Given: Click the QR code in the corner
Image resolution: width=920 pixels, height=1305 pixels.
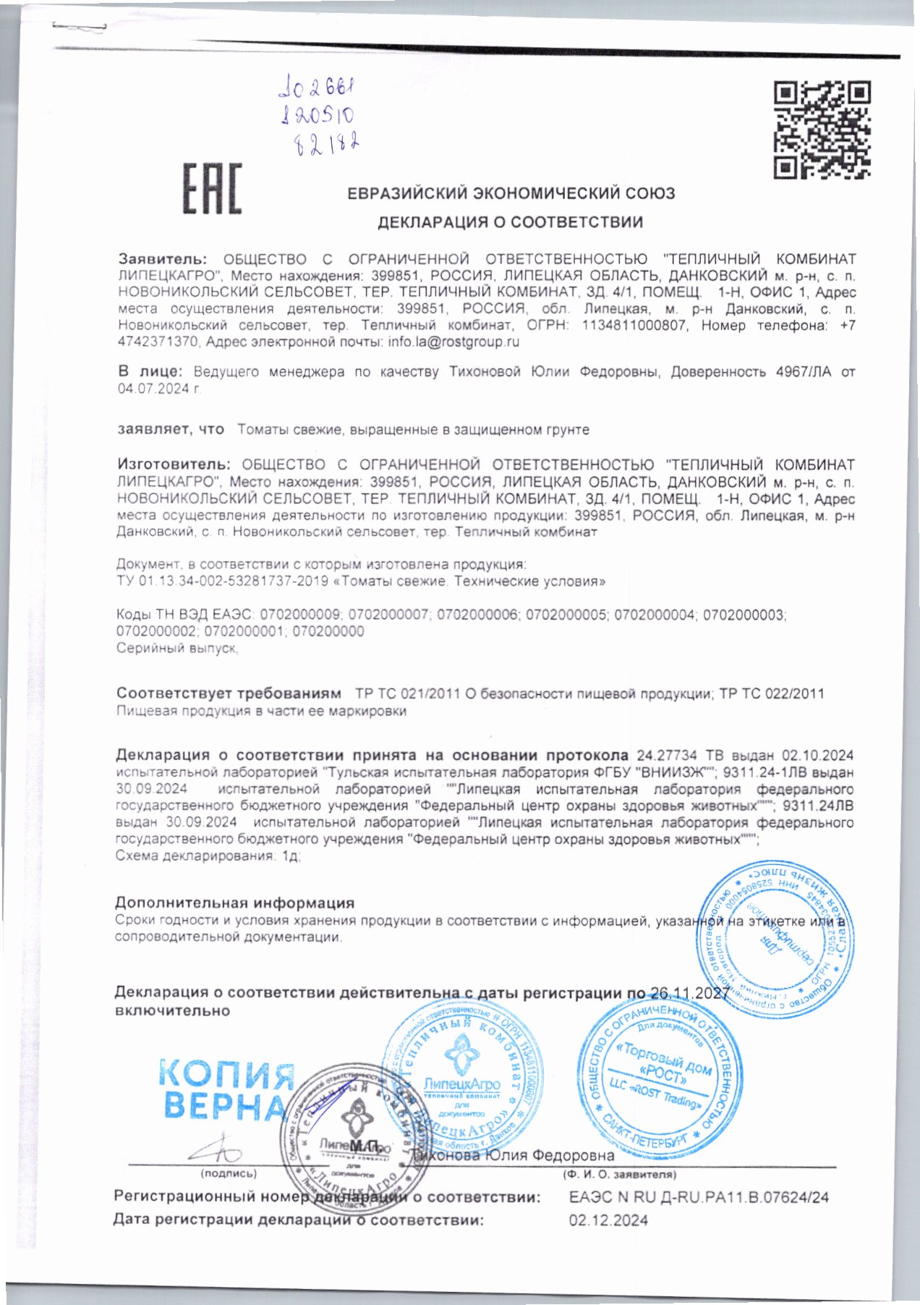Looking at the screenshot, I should click(822, 130).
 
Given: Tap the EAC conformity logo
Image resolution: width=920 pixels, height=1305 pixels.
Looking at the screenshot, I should click(211, 188).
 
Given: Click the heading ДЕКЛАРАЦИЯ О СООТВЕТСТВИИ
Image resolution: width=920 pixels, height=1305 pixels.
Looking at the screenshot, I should click(510, 222).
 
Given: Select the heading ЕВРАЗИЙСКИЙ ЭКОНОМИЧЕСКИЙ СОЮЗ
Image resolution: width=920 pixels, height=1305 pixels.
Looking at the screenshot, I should click(511, 193).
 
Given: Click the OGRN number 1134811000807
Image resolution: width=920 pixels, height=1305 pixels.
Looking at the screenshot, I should click(634, 326).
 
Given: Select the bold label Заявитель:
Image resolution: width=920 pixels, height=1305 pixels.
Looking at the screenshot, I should click(163, 259).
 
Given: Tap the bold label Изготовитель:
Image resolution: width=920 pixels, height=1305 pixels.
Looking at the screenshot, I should click(174, 465).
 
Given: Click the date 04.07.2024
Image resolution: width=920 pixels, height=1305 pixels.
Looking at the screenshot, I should click(158, 389).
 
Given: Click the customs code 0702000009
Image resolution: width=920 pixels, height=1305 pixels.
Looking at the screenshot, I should click(299, 615).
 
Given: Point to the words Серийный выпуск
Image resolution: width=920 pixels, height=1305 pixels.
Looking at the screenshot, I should click(176, 648).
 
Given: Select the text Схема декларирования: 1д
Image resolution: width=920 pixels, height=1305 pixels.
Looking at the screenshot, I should click(208, 856).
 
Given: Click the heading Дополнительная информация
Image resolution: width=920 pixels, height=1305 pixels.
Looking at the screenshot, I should click(234, 903).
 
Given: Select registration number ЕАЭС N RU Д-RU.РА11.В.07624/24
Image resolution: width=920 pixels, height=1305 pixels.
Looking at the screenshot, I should click(698, 1197).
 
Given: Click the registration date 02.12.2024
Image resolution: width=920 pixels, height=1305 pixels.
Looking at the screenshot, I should click(608, 1220).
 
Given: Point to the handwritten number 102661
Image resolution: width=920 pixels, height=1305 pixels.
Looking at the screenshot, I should click(317, 90).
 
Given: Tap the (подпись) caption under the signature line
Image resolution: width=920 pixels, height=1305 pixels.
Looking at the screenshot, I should click(228, 1173).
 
